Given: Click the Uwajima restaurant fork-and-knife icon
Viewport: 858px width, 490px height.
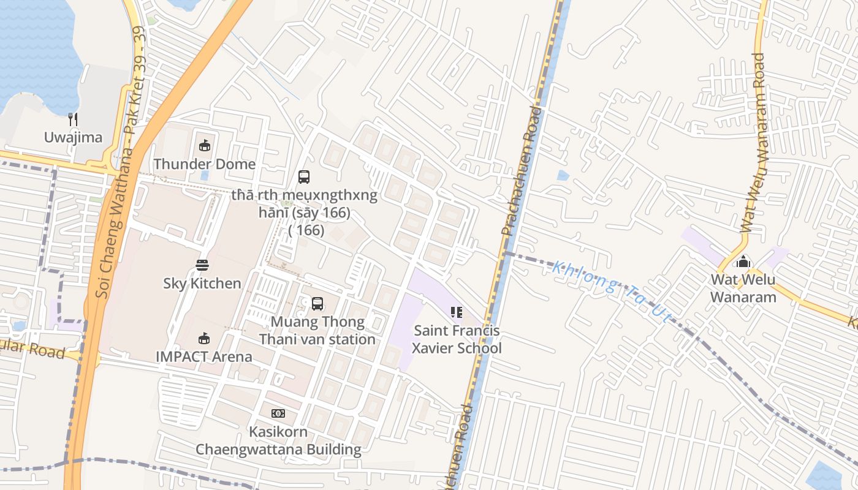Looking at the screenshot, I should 73,119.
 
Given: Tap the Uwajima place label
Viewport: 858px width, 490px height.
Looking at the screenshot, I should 73,137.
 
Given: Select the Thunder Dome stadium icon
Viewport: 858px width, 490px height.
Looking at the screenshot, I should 205,146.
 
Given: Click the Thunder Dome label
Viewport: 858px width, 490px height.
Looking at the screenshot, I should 205,164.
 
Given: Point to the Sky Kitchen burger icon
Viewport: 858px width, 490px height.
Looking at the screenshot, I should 202,265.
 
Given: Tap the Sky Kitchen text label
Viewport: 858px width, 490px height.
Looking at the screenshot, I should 202,284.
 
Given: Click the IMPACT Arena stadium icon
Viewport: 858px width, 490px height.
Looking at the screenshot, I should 204,338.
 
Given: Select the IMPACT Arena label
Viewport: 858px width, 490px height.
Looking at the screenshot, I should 204,356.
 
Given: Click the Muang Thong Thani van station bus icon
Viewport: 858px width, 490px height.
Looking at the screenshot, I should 317,303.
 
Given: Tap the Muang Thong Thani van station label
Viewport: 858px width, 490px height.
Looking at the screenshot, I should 317,330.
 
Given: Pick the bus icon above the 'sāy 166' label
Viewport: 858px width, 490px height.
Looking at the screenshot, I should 304,177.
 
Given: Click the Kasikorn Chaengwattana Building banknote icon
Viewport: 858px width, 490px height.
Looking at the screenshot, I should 278,413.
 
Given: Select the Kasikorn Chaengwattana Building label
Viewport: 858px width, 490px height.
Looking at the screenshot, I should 278,440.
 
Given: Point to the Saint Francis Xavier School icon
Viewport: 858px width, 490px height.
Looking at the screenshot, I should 457,312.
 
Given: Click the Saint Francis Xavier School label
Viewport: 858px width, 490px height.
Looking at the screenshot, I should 457,339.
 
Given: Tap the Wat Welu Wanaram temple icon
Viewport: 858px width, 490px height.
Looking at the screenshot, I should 743,262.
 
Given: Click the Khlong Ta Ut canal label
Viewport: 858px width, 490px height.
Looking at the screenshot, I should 612,290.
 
